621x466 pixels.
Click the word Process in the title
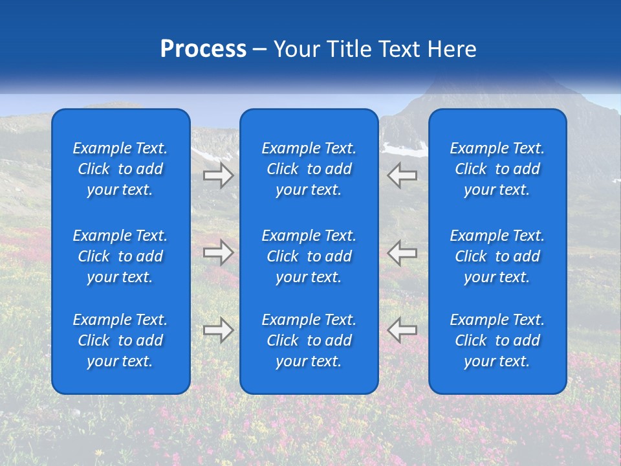pos(203,49)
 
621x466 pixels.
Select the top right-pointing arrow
pos(218,175)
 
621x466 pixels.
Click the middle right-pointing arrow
pos(218,252)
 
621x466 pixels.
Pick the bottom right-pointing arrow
pos(218,330)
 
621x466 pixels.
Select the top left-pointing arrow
pos(402,175)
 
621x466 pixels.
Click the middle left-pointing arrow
pos(402,252)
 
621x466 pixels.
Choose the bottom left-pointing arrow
pos(402,330)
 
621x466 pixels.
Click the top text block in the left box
pos(120,169)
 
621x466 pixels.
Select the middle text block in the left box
pos(120,256)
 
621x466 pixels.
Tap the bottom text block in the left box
pos(120,340)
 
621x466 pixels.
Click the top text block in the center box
pos(309,169)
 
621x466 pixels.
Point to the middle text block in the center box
pos(309,256)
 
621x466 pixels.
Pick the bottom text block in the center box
pos(309,340)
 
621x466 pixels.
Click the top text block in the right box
pos(497,169)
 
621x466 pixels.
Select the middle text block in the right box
pos(497,256)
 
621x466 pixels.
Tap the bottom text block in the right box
pos(497,340)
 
